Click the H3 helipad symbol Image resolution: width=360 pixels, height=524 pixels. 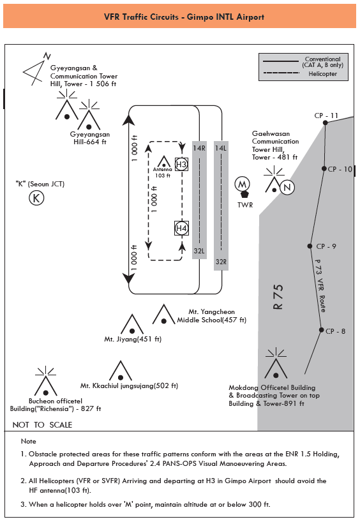pos(181,165)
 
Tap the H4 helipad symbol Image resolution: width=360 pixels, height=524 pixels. pos(181,228)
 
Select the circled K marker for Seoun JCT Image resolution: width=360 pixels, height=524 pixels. pos(36,198)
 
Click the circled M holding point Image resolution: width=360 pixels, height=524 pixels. pos(243,184)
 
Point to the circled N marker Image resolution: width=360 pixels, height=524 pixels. pos(287,187)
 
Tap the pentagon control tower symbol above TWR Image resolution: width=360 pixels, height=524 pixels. pos(244,195)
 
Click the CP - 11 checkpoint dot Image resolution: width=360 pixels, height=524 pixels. pos(326,123)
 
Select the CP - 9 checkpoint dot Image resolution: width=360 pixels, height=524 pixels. pos(310,246)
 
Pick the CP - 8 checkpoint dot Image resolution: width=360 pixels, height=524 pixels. pos(321,330)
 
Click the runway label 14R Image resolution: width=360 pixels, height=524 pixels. pos(199,148)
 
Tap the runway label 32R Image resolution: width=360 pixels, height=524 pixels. pos(221,262)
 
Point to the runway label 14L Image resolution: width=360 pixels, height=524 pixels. pos(221,148)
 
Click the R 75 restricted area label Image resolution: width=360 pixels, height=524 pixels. pos(278,297)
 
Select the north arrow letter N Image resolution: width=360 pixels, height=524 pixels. pos(47,56)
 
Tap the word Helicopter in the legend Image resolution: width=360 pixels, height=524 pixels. pos(322,74)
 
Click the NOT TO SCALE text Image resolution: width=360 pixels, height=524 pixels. pos(42,424)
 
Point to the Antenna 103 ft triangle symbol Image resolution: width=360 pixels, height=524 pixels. pos(164,161)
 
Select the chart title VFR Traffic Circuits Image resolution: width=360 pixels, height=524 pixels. pos(141,17)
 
